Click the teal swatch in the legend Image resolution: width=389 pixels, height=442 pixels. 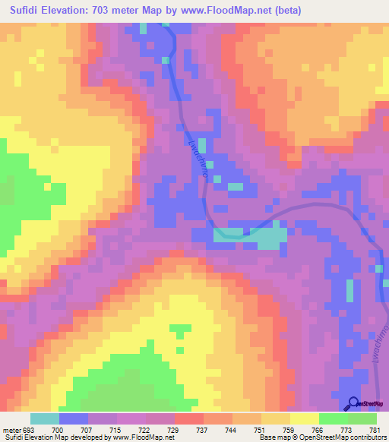click(44, 418)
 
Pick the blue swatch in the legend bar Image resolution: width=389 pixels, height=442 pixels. click(73, 418)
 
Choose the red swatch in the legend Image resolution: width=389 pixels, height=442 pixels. click(188, 418)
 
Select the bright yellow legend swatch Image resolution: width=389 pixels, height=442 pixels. click(304, 418)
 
